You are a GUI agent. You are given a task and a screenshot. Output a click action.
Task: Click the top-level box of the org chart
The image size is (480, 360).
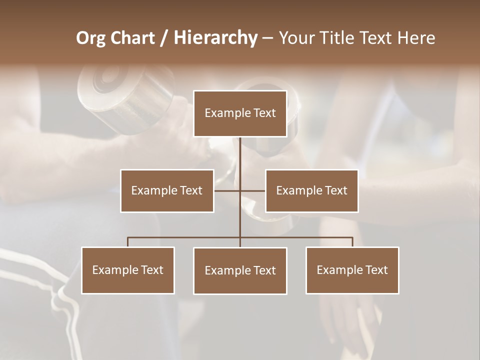pos(240,113)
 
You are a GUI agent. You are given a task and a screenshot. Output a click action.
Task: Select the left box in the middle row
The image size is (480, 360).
pos(167,190)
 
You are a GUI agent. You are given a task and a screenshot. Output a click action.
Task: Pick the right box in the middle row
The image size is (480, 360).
pos(311,190)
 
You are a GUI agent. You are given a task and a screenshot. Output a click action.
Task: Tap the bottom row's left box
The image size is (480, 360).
pos(128,270)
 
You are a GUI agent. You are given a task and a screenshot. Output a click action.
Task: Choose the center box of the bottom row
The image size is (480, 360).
pos(240,270)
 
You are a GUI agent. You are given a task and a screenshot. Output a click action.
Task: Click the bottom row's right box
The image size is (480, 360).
pos(352,270)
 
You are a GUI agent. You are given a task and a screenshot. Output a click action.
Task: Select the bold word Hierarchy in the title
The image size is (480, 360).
pos(215,38)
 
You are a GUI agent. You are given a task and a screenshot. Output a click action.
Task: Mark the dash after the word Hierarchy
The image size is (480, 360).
pos(267,38)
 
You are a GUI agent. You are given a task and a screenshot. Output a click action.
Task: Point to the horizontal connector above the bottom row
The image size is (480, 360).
pos(185,237)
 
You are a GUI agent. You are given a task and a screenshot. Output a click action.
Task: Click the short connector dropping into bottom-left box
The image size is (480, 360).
pos(128,242)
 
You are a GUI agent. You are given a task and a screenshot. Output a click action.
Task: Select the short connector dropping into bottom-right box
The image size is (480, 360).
pos(352,242)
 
